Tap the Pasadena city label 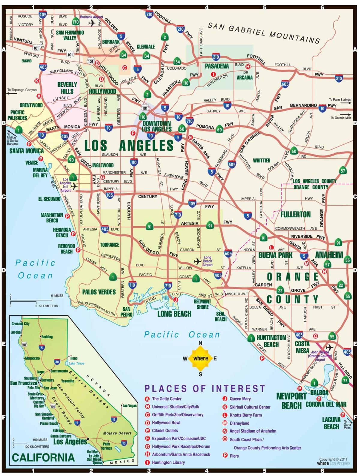click(x=217, y=66)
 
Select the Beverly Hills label click(x=67, y=88)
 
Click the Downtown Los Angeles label click(x=157, y=126)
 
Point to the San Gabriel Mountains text click(x=264, y=33)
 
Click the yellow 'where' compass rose click(x=200, y=358)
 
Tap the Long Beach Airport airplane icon click(x=197, y=261)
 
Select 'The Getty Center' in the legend click(x=166, y=399)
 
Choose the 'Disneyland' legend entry click(x=239, y=423)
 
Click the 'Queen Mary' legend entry click(x=240, y=399)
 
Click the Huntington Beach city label click(x=271, y=341)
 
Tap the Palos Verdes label click(x=99, y=292)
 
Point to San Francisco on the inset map click(x=23, y=383)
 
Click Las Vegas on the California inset click(x=129, y=405)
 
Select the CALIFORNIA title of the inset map click(x=43, y=457)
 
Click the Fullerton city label click(x=295, y=214)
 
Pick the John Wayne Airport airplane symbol click(x=329, y=347)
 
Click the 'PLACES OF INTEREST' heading click(x=205, y=389)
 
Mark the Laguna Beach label click(x=331, y=423)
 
